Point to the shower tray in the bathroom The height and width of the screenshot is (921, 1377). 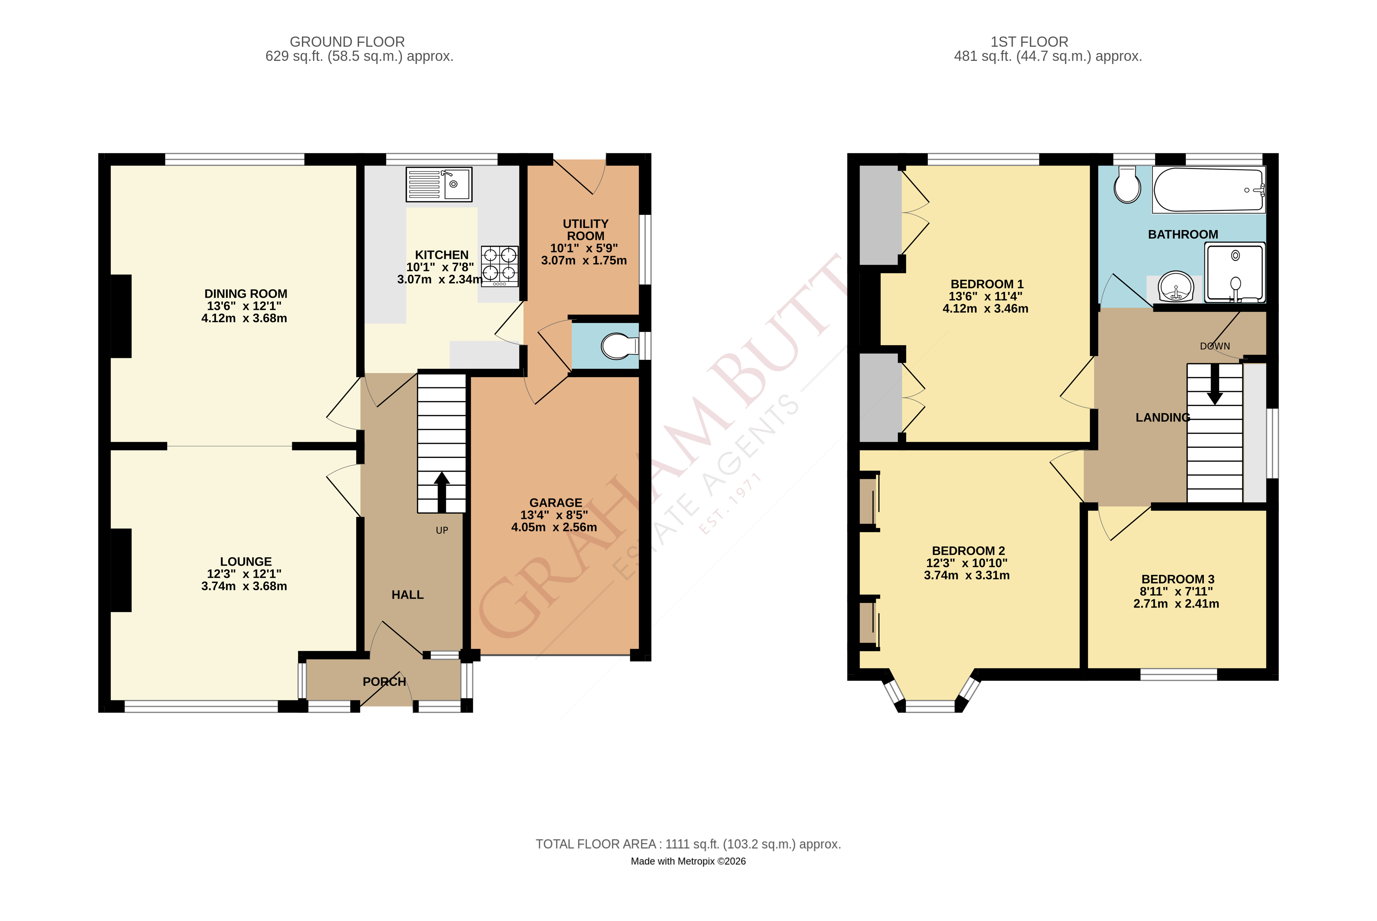tap(1234, 273)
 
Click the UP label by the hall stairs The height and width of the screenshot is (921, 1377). tap(442, 530)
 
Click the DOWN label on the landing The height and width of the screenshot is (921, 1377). tap(1214, 346)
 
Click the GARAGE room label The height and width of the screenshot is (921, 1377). tap(556, 503)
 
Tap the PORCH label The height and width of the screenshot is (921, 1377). tap(384, 682)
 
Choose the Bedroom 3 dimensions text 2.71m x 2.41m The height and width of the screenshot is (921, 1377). tap(1176, 604)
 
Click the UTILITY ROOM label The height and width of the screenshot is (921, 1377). tap(585, 230)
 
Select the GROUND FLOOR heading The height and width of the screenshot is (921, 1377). tap(347, 42)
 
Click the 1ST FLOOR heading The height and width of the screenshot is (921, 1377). tap(1030, 42)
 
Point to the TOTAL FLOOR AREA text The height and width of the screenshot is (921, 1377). tap(688, 844)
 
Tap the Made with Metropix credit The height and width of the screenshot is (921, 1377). tap(688, 861)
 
